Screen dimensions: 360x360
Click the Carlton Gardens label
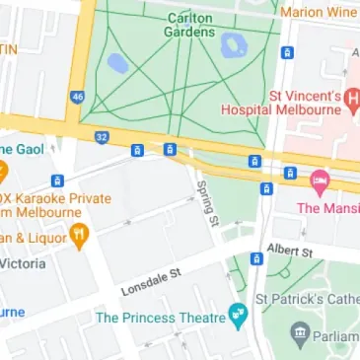coord(191,25)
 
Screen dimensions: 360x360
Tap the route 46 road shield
coord(77,97)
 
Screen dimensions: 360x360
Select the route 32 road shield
coord(102,137)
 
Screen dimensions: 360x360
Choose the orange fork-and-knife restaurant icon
coord(79,235)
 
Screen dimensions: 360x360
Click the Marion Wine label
coord(319,12)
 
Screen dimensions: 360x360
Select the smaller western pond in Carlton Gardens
coord(117,64)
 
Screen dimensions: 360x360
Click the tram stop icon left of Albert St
coord(256,258)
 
